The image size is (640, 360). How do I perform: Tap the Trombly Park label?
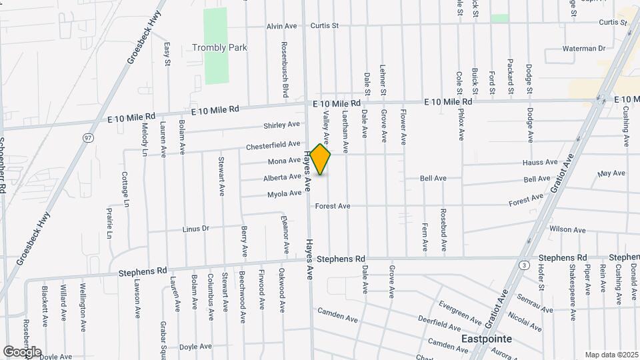click(219, 47)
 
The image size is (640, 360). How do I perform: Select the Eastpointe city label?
click(487, 339)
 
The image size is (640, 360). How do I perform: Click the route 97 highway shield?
click(88, 137)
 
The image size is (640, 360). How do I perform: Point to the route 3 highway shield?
click(526, 265)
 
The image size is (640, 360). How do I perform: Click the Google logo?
click(21, 351)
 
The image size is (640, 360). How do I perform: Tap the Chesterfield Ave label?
click(273, 144)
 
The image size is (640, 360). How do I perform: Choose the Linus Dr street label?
click(195, 229)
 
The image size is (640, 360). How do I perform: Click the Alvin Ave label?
click(281, 26)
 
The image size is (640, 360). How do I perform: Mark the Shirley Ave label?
click(281, 125)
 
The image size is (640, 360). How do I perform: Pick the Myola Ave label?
click(285, 193)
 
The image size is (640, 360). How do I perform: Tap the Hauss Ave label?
click(540, 162)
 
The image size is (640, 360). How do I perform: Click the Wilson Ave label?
click(567, 229)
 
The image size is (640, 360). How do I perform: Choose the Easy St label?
click(167, 54)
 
